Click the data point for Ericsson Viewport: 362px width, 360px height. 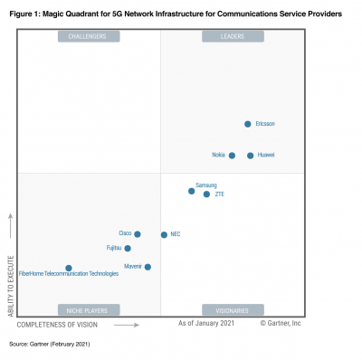point(248,124)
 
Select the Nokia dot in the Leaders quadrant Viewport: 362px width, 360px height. point(232,156)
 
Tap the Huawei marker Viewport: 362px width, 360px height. point(251,156)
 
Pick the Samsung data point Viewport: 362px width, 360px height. point(191,191)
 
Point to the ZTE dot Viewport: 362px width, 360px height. point(206,194)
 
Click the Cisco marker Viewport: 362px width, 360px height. point(138,234)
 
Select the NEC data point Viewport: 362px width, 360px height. point(164,234)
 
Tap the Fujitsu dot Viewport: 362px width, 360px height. point(128,248)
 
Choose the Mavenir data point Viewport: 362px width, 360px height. point(148,267)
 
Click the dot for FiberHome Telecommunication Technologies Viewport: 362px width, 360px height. point(69,268)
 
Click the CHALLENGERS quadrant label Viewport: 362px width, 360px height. point(88,36)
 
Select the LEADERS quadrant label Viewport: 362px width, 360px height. point(233,36)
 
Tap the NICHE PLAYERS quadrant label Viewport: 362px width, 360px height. point(88,310)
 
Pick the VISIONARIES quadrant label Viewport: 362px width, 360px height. point(233,310)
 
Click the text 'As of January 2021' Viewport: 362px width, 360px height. point(206,323)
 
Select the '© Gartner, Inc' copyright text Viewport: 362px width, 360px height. point(281,323)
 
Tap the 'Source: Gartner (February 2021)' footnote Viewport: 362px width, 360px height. point(50,345)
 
